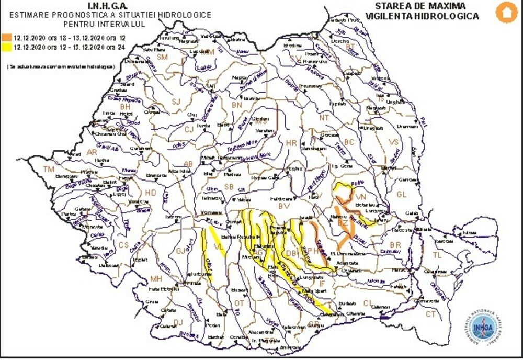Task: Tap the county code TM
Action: pyautogui.click(x=49, y=170)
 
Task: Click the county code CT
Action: pyautogui.click(x=430, y=314)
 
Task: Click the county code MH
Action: pyautogui.click(x=156, y=278)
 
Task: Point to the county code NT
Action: pyautogui.click(x=324, y=118)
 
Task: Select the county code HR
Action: pyautogui.click(x=291, y=142)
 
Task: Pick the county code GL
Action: pyautogui.click(x=402, y=194)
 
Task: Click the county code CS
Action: pyautogui.click(x=123, y=245)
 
